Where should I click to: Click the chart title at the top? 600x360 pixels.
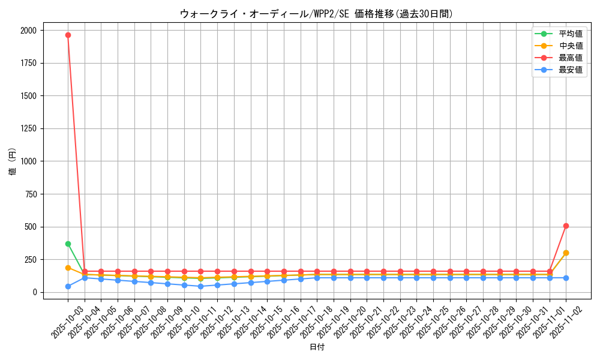click(x=316, y=14)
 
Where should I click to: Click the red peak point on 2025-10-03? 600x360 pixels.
click(x=68, y=35)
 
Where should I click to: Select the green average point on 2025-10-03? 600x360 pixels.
click(x=68, y=244)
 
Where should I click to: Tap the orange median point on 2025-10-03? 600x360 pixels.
click(x=68, y=268)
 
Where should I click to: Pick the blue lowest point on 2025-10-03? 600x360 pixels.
click(x=68, y=286)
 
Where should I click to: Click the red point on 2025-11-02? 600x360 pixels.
click(x=566, y=226)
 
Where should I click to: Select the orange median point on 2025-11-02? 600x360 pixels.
click(x=566, y=253)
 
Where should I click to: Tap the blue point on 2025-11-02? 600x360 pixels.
click(x=566, y=278)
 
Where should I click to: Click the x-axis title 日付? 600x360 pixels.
click(x=316, y=347)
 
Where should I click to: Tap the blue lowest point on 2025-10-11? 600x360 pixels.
click(x=200, y=286)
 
